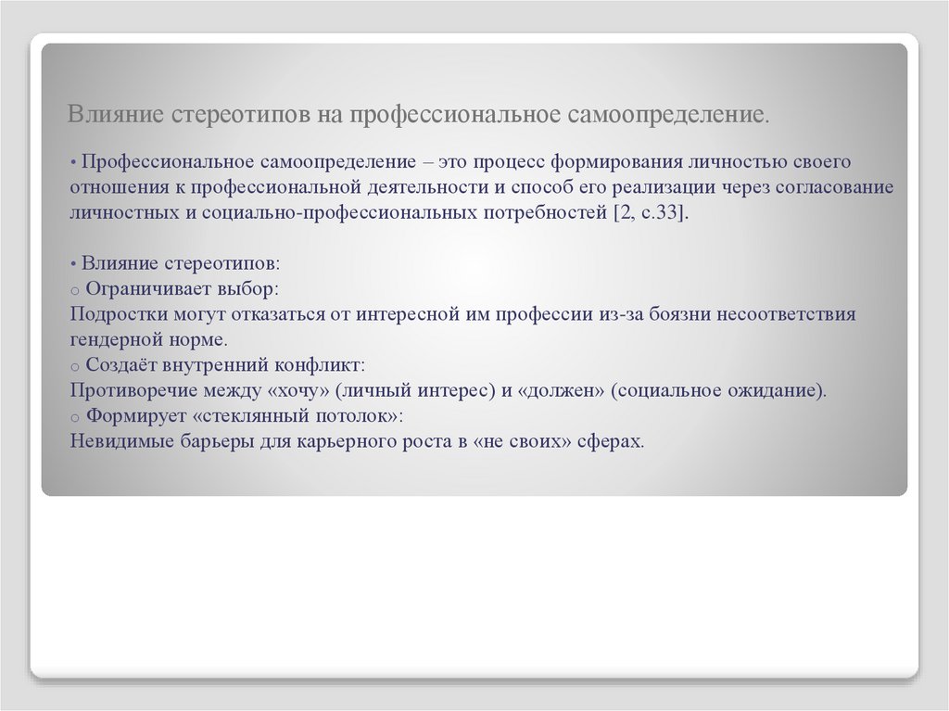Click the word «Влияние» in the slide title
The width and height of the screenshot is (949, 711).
109,116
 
